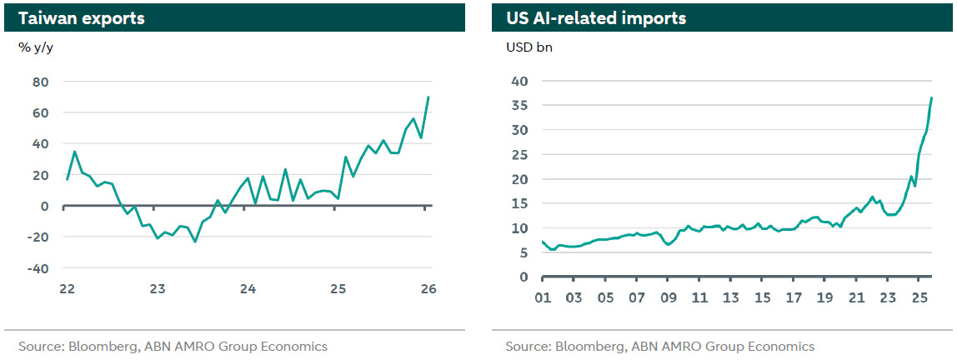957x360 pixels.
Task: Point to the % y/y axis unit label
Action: point(36,47)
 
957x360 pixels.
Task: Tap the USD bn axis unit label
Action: point(529,47)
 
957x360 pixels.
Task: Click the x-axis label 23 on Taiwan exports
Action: point(158,288)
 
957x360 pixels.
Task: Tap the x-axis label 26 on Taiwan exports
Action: point(428,288)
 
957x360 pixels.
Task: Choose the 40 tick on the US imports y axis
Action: point(520,81)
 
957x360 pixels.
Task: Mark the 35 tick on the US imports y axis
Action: point(520,105)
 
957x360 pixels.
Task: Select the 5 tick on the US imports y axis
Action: point(524,252)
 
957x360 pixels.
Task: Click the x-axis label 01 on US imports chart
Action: point(542,297)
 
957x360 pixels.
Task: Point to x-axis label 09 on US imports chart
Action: point(668,297)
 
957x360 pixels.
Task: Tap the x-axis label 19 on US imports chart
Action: point(824,297)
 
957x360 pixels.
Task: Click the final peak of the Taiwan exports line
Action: point(428,97)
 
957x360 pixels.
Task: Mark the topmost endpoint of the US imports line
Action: point(931,98)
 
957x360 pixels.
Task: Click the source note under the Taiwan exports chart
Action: point(173,346)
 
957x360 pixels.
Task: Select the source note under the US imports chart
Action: point(659,346)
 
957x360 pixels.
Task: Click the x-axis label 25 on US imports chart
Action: point(919,297)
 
